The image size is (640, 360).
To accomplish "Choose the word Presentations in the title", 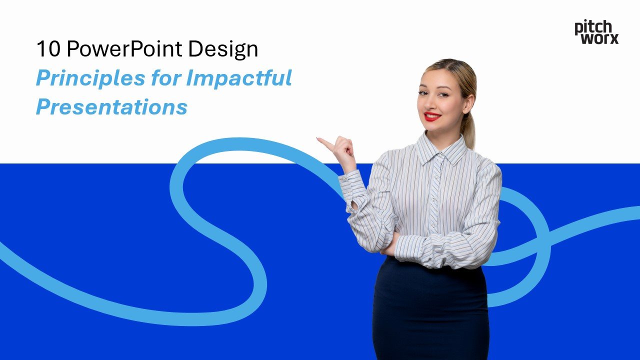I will (x=111, y=107).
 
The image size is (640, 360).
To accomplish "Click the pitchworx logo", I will (x=596, y=32).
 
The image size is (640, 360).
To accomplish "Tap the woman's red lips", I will (x=432, y=116).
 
